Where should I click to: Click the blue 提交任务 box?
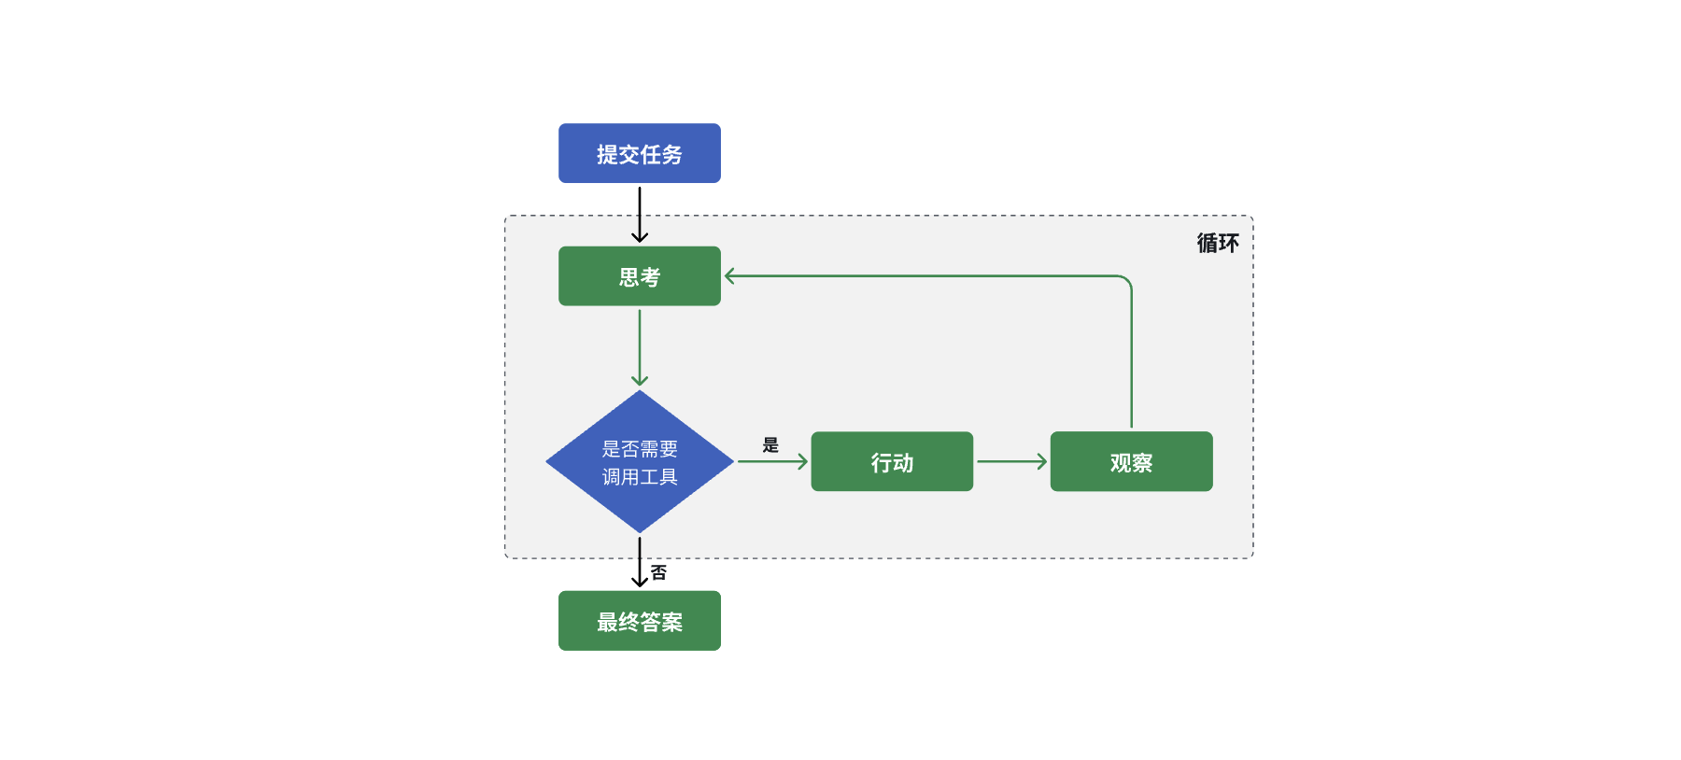639,153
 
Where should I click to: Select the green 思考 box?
639,276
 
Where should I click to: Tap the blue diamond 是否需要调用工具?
639,461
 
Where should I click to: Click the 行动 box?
892,461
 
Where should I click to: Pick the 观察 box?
1131,461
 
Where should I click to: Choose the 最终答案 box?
639,621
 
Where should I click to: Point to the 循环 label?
1218,244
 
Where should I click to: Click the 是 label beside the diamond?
770,444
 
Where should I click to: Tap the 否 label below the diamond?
659,572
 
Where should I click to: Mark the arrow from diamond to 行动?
771,461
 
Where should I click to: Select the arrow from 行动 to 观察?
1010,461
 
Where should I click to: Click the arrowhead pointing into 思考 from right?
729,276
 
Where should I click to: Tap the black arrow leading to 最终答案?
640,562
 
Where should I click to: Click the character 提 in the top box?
607,154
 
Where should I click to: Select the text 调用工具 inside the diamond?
640,476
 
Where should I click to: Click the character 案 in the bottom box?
672,622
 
